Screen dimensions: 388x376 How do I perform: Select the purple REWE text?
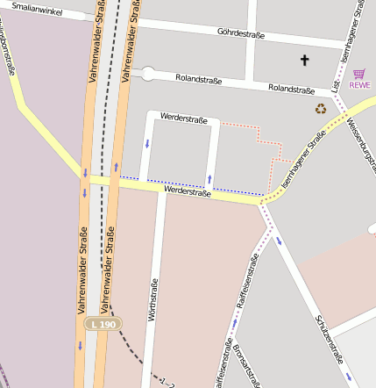click(359, 85)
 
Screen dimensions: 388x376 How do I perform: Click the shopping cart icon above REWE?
click(358, 74)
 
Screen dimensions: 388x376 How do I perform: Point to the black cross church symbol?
click(305, 60)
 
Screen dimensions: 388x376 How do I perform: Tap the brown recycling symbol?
click(321, 109)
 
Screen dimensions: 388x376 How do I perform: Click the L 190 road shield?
click(103, 325)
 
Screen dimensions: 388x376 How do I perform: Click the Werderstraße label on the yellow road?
click(188, 190)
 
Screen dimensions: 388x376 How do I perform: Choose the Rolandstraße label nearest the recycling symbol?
click(291, 89)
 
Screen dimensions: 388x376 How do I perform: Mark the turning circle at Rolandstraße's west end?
click(148, 73)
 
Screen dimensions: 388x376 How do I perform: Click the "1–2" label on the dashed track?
click(167, 382)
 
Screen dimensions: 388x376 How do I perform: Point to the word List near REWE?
click(337, 85)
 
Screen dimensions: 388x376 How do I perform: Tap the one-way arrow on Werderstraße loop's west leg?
click(147, 143)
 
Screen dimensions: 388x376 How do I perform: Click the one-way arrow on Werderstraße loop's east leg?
click(209, 179)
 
